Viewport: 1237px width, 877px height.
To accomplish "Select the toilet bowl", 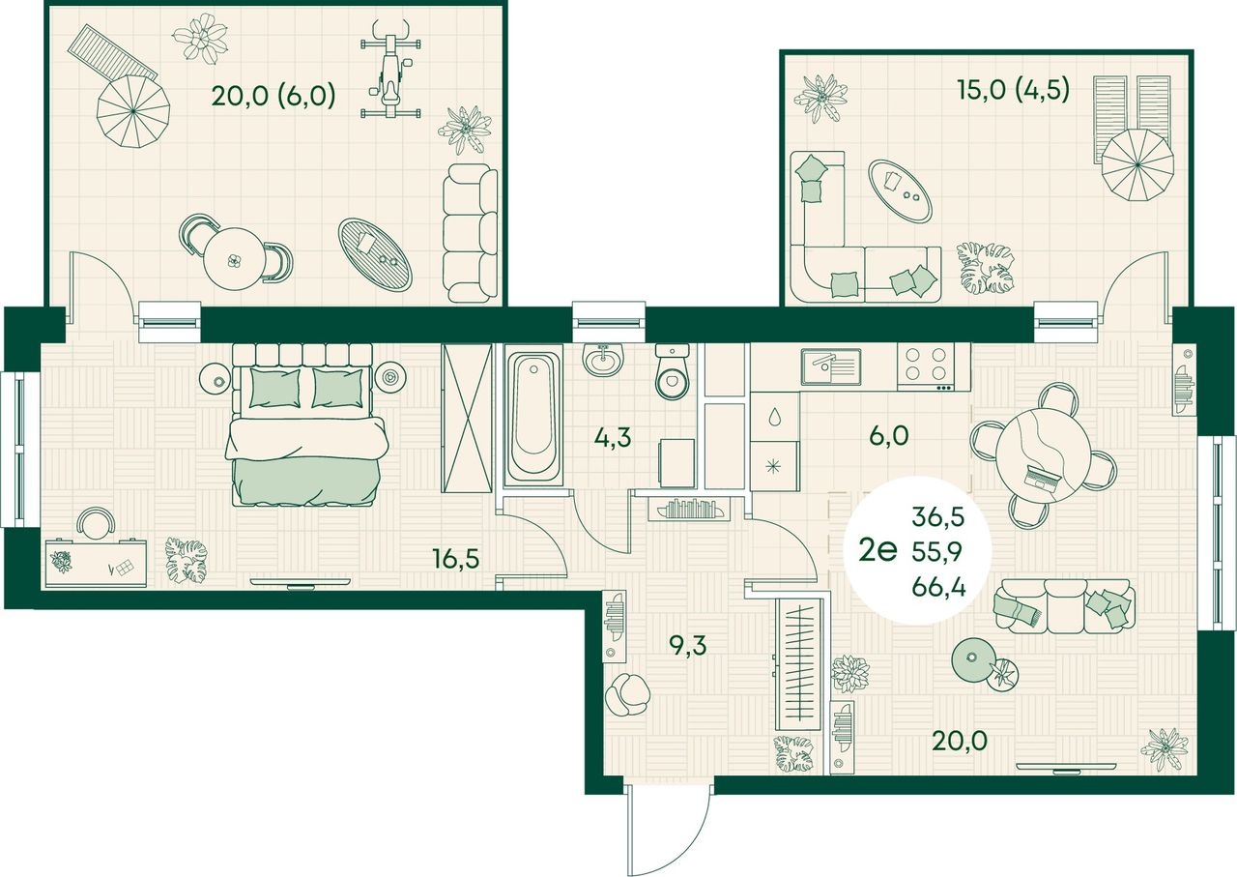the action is point(672,372).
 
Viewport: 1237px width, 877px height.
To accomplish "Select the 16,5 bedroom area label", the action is point(455,559).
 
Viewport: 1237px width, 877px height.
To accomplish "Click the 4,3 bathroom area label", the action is point(613,438).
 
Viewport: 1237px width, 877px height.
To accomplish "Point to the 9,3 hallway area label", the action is point(687,645).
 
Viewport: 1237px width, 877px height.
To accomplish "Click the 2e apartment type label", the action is point(877,550).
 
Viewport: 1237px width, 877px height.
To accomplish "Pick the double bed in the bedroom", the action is point(306,424).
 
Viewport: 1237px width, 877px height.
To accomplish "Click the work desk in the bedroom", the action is point(96,563).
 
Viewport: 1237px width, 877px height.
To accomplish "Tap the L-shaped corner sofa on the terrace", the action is point(865,227).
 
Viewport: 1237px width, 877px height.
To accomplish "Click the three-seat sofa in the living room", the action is point(1064,606).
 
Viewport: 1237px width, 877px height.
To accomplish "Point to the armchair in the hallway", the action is point(627,694).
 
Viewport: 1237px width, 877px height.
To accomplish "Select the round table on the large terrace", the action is point(235,258).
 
